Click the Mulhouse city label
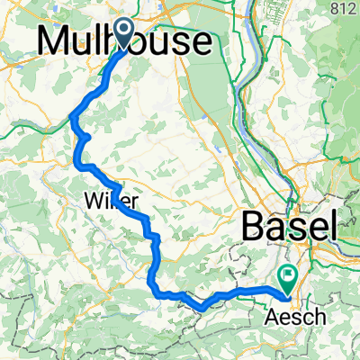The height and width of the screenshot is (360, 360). pos(126,42)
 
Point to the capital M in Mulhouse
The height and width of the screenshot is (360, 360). pos(54,42)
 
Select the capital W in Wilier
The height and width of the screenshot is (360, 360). pos(94,199)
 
